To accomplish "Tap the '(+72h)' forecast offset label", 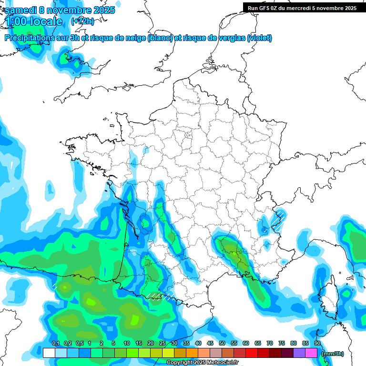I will [82, 21].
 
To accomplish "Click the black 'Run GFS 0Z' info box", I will [302, 8].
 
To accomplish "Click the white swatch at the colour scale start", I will [49, 353].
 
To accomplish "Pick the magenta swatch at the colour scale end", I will [312, 353].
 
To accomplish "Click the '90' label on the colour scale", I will [317, 343].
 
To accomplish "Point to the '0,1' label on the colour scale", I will [55, 343].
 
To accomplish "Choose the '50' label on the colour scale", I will [222, 343].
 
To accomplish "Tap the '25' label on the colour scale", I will [163, 343].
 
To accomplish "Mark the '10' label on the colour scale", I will [127, 343].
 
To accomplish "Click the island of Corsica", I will [328, 298].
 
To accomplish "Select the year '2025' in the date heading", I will [101, 10].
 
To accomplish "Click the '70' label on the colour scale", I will [270, 343].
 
